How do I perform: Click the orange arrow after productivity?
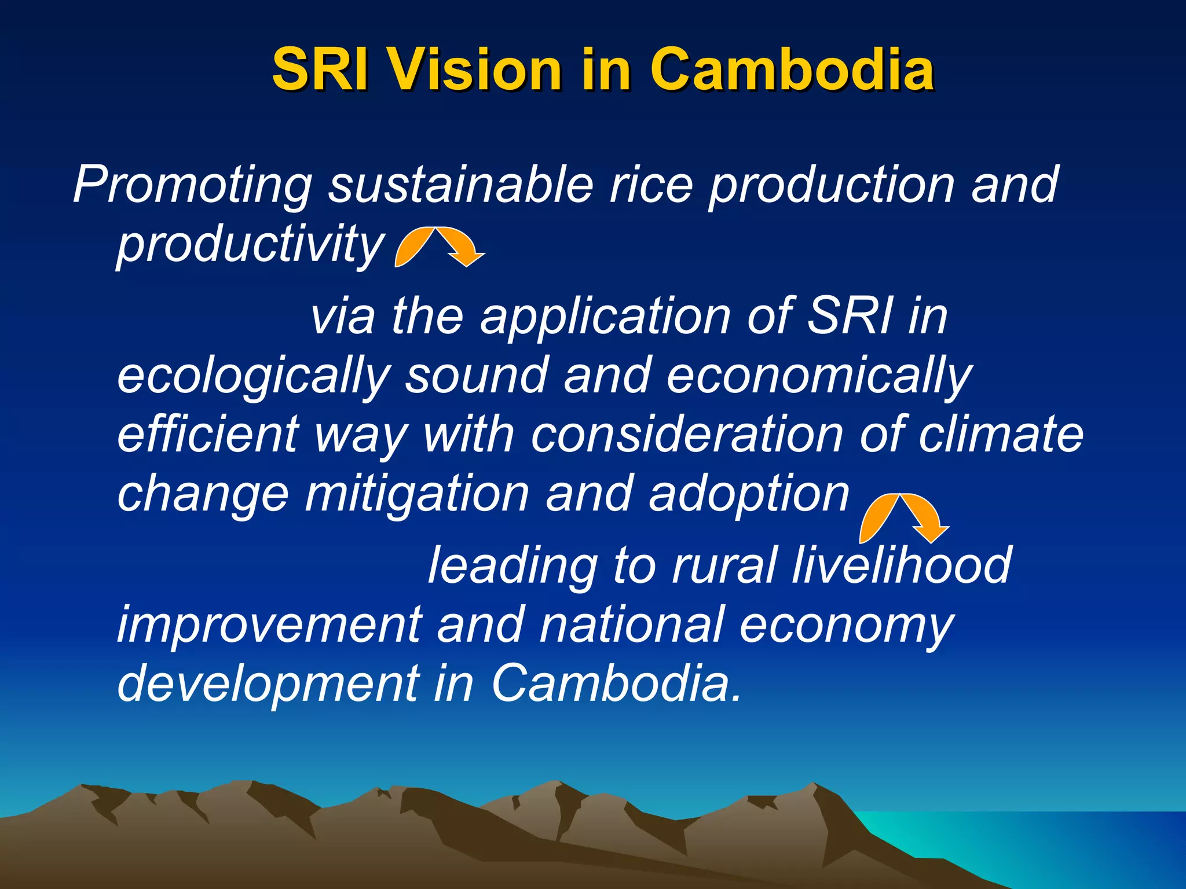[439, 247]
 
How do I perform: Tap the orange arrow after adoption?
[903, 518]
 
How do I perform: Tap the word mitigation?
[417, 495]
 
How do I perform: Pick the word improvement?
[270, 625]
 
